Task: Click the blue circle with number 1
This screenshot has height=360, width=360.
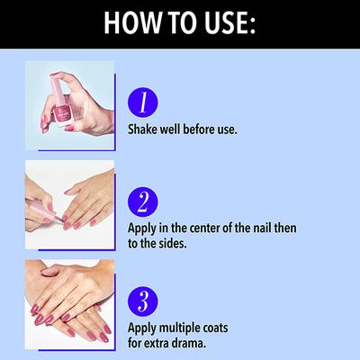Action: coord(143,103)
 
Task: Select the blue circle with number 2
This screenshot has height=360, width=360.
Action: coord(143,202)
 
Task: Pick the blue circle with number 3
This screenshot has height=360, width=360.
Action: coord(143,301)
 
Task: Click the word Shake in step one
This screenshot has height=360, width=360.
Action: coord(142,130)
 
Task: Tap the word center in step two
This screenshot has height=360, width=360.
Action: coord(204,228)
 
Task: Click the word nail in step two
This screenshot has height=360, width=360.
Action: coord(262,228)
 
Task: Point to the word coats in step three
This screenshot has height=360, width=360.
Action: coord(214,328)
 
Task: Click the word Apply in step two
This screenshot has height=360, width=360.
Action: coord(142,229)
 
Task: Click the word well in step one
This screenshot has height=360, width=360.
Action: coord(170,130)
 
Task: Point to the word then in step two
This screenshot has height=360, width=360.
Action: coord(285,228)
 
